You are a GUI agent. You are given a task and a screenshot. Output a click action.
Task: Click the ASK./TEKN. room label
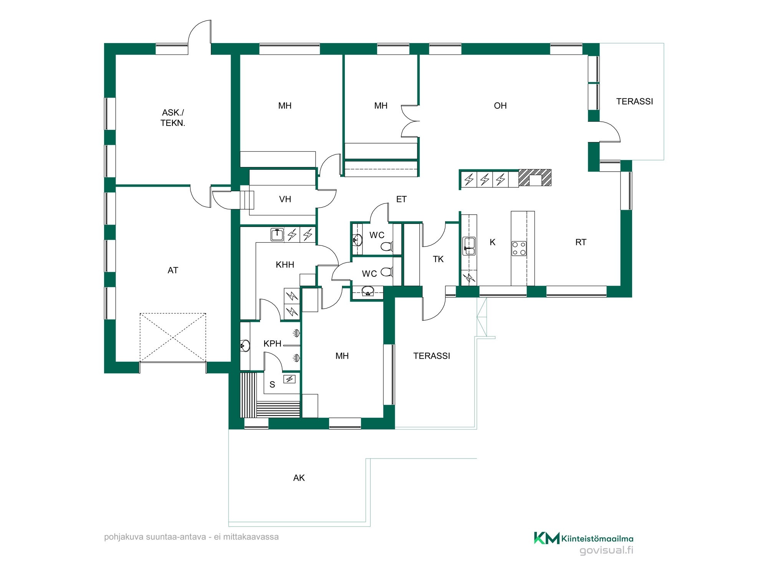tap(173, 118)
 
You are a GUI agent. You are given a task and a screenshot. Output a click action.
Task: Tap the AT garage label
tap(173, 270)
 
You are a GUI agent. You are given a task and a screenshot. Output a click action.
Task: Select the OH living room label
tap(500, 106)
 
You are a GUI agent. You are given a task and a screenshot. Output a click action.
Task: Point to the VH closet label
tap(285, 199)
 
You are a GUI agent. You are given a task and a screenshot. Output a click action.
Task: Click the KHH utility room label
tap(285, 265)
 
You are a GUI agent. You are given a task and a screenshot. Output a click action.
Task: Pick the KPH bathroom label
tap(273, 344)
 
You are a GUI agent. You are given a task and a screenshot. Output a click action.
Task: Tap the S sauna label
tap(272, 384)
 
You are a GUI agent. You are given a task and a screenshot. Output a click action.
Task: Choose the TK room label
tap(438, 259)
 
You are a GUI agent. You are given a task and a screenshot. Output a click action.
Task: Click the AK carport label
tap(299, 478)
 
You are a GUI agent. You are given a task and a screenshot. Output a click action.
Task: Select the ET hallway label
tap(401, 199)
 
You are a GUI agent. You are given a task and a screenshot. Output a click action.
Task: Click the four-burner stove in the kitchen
tap(519, 248)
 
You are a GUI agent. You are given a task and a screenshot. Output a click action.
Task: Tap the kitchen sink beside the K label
tap(469, 246)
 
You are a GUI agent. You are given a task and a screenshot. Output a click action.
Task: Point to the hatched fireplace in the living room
tap(535, 178)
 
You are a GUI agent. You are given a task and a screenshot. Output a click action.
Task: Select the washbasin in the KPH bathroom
tap(245, 346)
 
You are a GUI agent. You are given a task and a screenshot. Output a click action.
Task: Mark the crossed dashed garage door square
tap(173, 337)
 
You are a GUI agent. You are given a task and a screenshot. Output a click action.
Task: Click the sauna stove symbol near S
tap(290, 379)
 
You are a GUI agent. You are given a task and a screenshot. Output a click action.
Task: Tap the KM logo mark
tap(546, 538)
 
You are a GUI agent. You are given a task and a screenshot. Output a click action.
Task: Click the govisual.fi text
tap(606, 551)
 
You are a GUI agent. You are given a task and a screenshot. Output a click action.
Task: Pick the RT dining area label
tap(581, 242)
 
